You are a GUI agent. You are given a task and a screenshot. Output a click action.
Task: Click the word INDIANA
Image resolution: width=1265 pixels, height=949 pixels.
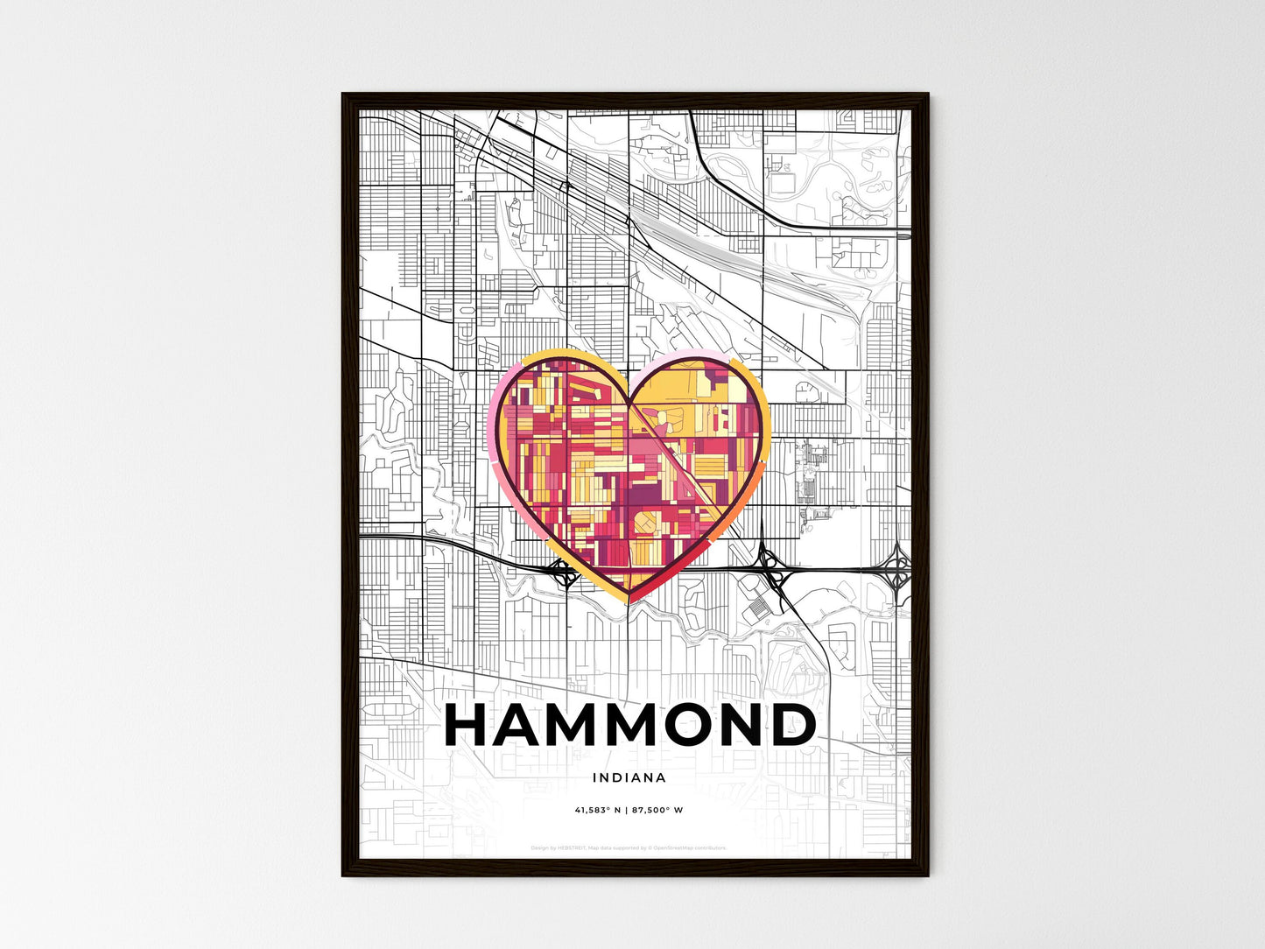point(629,777)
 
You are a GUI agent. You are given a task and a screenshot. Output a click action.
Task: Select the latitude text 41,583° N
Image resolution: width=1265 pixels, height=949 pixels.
point(597,810)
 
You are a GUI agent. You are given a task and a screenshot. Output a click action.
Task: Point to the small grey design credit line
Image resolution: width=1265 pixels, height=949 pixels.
point(629,847)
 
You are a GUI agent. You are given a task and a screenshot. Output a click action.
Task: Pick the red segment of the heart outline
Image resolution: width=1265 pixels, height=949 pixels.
point(674,573)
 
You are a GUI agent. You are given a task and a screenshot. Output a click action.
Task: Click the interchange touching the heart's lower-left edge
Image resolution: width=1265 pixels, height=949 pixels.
point(562,573)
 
